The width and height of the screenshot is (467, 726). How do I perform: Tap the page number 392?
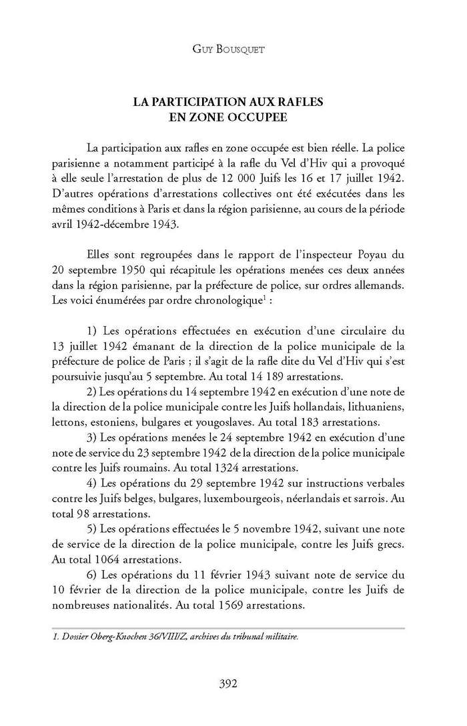point(233,682)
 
